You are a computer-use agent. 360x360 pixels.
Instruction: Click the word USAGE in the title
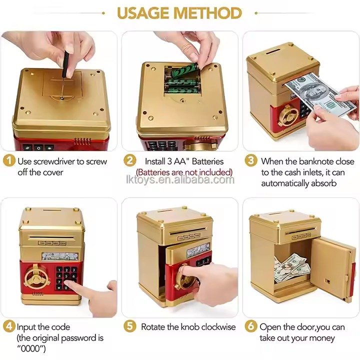(143, 13)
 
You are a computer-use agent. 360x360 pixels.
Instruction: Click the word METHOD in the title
(208, 13)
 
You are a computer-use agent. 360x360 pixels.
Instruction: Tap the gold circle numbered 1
(9, 160)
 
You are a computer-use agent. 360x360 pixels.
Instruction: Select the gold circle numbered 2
(129, 160)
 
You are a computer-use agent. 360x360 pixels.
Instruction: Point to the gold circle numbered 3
(250, 160)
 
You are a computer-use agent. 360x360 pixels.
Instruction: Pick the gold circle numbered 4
(9, 326)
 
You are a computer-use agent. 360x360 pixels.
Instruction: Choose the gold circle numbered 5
(129, 326)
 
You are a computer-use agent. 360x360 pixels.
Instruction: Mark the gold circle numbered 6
(250, 326)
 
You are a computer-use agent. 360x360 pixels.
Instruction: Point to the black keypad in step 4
(66, 278)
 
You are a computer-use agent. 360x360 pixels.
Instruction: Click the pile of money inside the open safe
(291, 267)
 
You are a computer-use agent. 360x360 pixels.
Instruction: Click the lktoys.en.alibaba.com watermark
(180, 179)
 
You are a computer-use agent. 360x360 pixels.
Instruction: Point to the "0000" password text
(30, 348)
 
